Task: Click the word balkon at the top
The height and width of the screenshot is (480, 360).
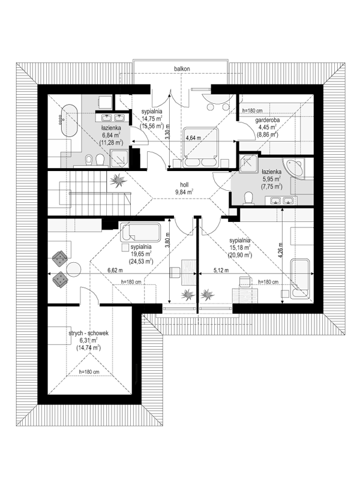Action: (x=182, y=69)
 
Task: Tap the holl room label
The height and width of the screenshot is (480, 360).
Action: (x=184, y=185)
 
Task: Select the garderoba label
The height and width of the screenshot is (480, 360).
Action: (x=267, y=121)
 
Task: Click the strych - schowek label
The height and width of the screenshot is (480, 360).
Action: (x=88, y=334)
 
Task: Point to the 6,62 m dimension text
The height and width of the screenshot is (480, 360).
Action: (x=115, y=271)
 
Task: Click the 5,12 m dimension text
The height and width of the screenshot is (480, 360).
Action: (x=221, y=271)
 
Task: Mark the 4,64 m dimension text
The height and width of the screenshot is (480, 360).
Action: (x=193, y=138)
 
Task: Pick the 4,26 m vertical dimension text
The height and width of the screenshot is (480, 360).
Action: (x=281, y=250)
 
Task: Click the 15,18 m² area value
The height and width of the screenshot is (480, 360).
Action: (x=241, y=248)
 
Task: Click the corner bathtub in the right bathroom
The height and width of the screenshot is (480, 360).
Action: (x=293, y=168)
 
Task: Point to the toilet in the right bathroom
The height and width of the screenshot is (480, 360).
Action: (x=248, y=198)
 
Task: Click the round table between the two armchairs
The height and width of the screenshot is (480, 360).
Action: (x=74, y=269)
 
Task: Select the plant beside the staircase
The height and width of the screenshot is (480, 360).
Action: (x=118, y=181)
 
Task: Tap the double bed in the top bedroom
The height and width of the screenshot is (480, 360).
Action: (x=200, y=148)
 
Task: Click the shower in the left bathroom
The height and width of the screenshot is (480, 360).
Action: (x=119, y=158)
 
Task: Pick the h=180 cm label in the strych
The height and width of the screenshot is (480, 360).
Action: (x=89, y=372)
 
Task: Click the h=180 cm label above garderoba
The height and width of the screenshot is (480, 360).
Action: (x=252, y=110)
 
